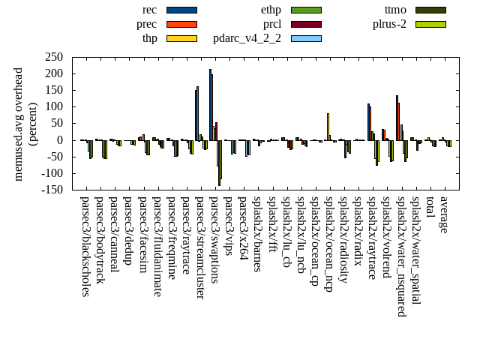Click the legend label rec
tap(149, 10)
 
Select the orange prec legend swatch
tap(181, 24)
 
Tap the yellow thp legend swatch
tap(181, 38)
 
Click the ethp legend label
tap(271, 10)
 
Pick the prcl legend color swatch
tap(306, 24)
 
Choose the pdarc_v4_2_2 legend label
tap(247, 38)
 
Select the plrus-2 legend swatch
tap(430, 24)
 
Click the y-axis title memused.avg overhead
tap(19, 124)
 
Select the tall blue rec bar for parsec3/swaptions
tap(210, 104)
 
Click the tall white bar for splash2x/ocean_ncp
tap(328, 126)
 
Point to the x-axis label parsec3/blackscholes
tap(85, 247)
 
